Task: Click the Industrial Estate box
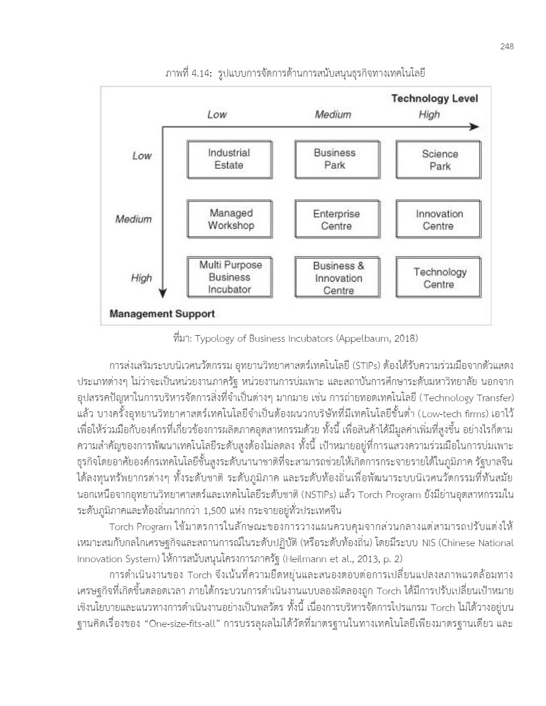(x=229, y=159)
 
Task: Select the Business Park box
(x=335, y=159)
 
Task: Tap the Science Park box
(x=440, y=160)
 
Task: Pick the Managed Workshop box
(x=231, y=219)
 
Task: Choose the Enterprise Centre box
(x=337, y=219)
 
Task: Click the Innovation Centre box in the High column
(x=439, y=219)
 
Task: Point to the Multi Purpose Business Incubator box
(x=230, y=277)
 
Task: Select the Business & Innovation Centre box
(x=338, y=278)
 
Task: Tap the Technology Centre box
(x=440, y=278)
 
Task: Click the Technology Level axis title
(x=434, y=99)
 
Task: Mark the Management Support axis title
(x=162, y=314)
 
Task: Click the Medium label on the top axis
(x=333, y=115)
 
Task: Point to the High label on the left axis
(x=142, y=278)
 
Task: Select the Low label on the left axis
(x=142, y=156)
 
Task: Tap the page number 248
(x=507, y=46)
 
